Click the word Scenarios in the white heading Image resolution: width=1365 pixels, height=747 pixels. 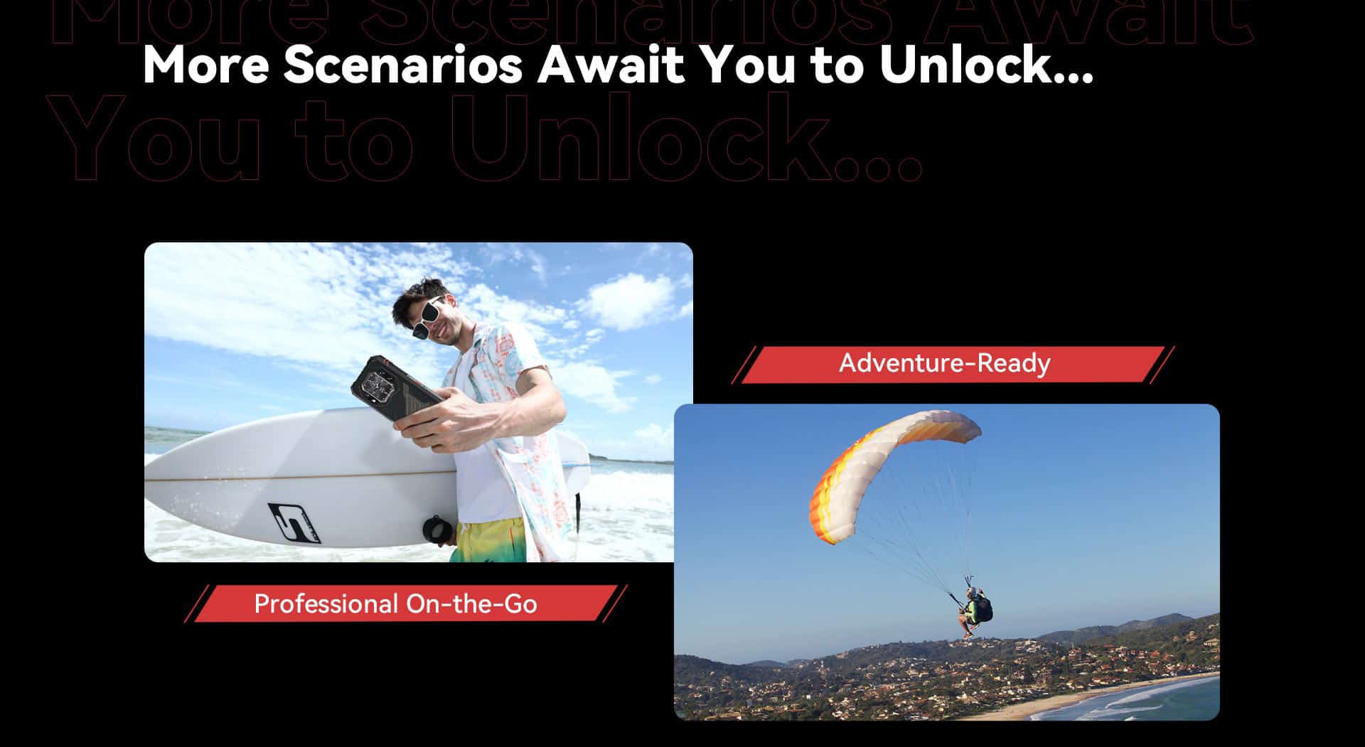403,65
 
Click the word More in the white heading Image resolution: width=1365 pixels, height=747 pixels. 206,65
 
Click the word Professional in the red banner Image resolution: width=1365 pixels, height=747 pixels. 326,604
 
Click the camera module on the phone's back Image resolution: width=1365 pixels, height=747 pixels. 375,384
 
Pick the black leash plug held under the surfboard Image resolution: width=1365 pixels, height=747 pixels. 433,530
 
